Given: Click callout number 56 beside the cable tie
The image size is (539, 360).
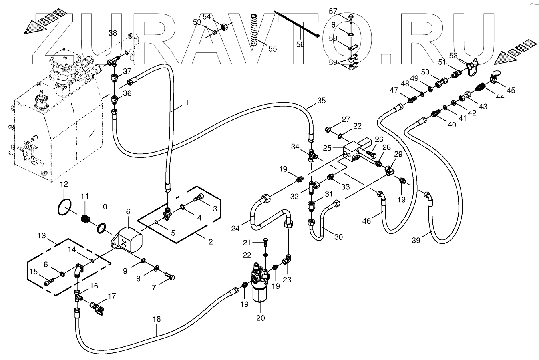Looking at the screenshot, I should (x=300, y=45).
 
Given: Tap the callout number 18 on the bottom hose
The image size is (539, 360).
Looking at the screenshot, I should (x=157, y=319).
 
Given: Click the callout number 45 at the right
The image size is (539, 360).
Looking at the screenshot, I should (x=511, y=90).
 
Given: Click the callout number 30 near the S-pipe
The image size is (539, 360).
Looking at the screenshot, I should (x=338, y=237).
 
